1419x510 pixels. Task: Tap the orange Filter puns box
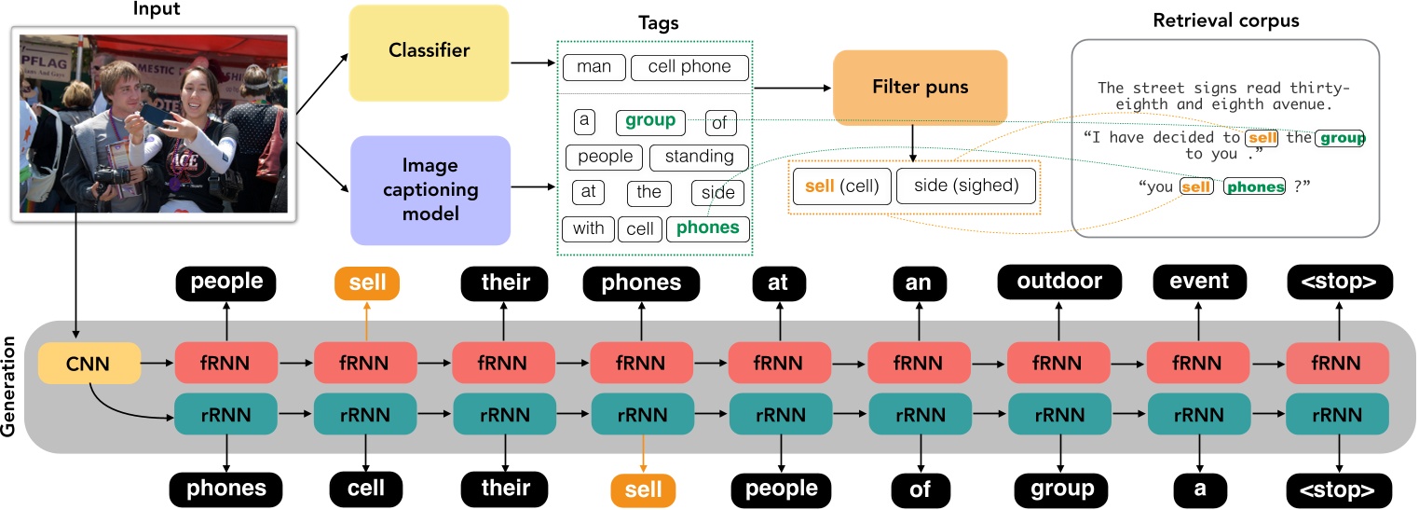click(x=920, y=88)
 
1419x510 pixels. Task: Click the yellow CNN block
click(x=89, y=364)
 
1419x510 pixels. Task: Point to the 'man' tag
click(x=594, y=67)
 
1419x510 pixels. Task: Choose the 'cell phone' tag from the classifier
click(x=689, y=67)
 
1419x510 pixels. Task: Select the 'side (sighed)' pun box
click(x=965, y=186)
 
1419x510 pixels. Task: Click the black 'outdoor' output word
click(x=1059, y=282)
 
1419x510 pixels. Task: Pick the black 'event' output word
click(x=1199, y=282)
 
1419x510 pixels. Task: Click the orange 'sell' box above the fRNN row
click(x=366, y=282)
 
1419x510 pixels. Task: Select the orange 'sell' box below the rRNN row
click(x=644, y=489)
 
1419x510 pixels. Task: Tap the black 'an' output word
click(x=920, y=282)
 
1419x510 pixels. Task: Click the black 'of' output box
click(x=920, y=489)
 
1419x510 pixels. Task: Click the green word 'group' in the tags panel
click(x=649, y=121)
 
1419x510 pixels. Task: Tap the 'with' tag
click(x=588, y=227)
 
